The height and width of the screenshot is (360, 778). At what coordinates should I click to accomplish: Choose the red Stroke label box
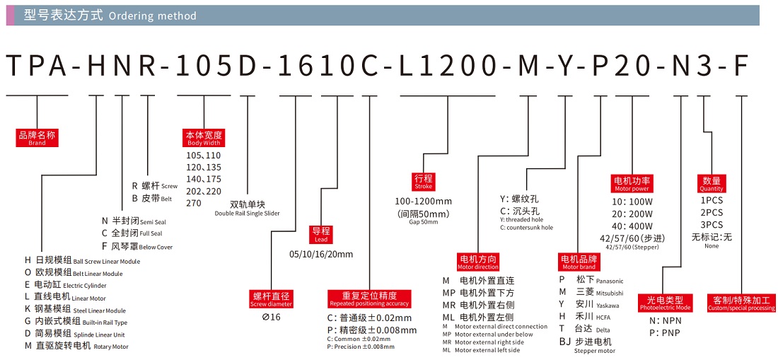coord(424,182)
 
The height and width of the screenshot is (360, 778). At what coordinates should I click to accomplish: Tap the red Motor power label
coord(632,185)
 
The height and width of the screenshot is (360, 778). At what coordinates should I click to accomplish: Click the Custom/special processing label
coord(741,303)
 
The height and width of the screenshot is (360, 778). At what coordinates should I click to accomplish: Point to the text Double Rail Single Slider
coord(248,213)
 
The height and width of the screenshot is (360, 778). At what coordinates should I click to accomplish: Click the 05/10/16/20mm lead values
coord(321,254)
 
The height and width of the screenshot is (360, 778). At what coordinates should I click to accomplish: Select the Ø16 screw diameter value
coord(272,317)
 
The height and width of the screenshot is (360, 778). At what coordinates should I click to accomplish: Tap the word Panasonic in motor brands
coord(609,281)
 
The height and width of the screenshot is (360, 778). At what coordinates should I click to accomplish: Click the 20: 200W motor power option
coord(632,213)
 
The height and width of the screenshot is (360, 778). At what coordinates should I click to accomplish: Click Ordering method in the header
coord(153,16)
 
